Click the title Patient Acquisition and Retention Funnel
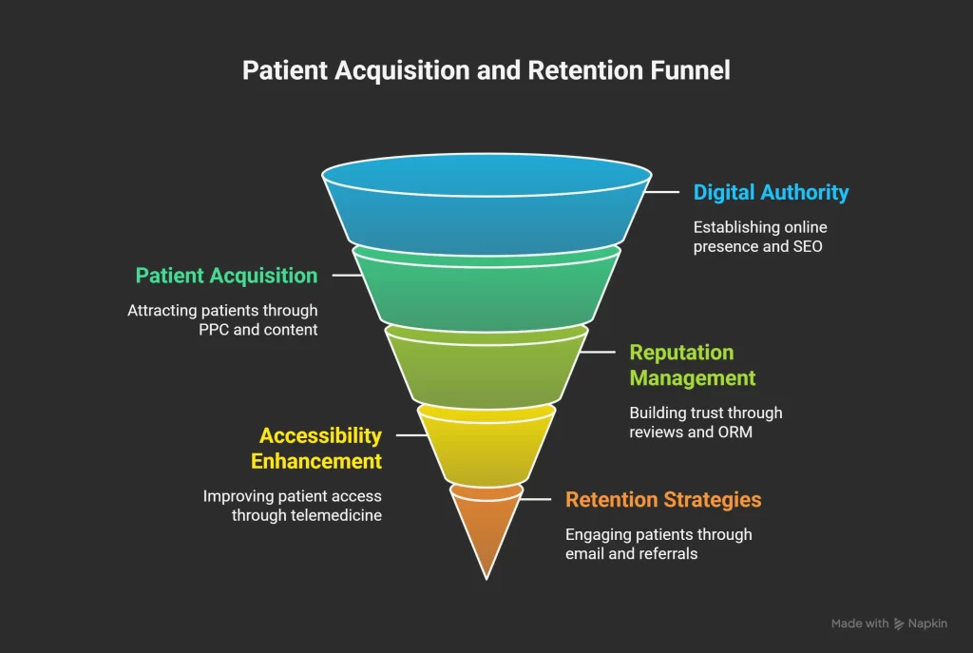point(486,71)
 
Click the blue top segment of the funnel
point(486,214)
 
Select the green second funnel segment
point(486,290)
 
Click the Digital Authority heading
point(771,192)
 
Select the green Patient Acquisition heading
point(226,276)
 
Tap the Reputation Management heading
point(692,365)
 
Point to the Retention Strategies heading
point(663,499)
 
